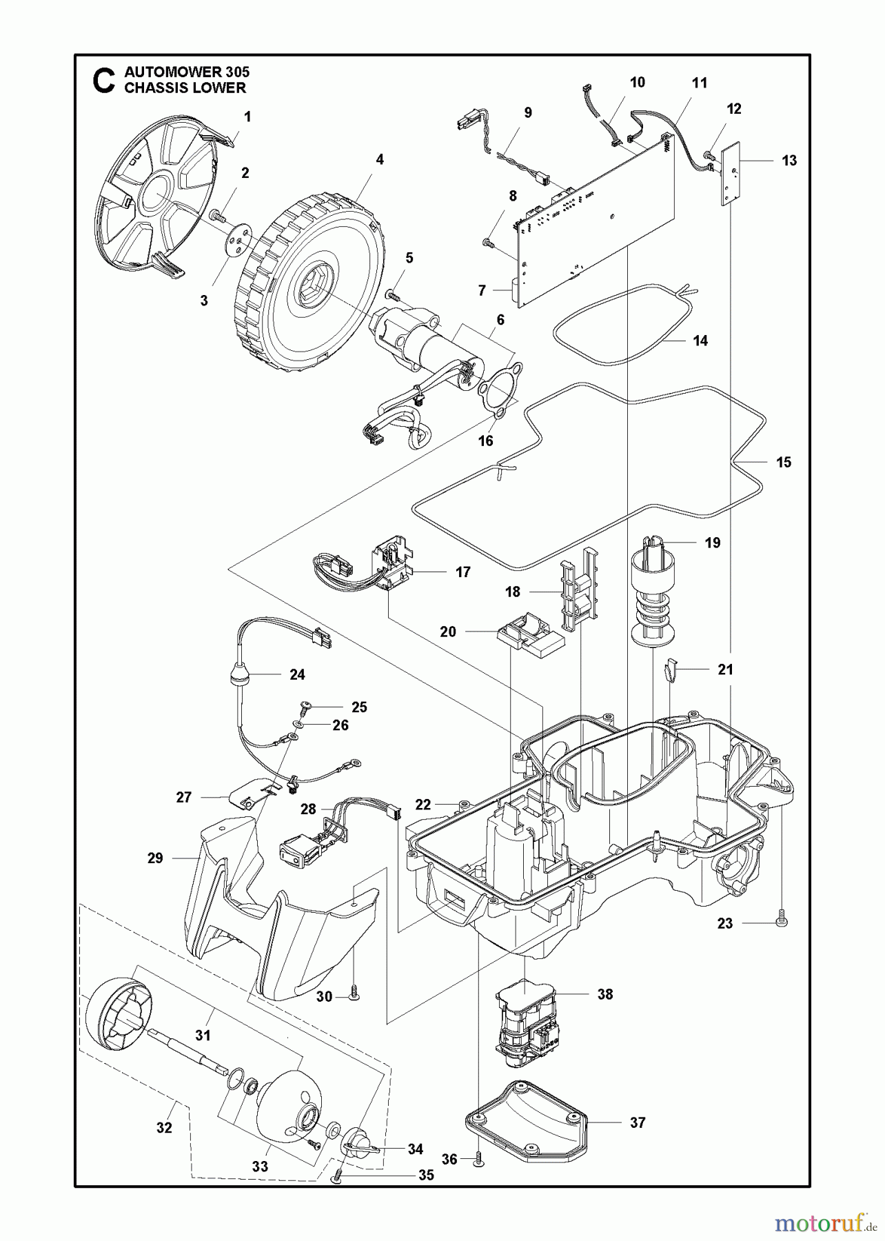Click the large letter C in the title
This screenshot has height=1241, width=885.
pyautogui.click(x=103, y=80)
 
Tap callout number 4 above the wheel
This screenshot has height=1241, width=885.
pyautogui.click(x=379, y=159)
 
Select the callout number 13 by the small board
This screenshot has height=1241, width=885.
pyautogui.click(x=789, y=161)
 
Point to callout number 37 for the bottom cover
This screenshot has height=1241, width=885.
pyautogui.click(x=638, y=1123)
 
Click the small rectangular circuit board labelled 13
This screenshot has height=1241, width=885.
pyautogui.click(x=730, y=174)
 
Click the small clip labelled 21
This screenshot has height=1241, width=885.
pyautogui.click(x=671, y=669)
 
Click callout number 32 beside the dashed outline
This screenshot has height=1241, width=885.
pyautogui.click(x=164, y=1128)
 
